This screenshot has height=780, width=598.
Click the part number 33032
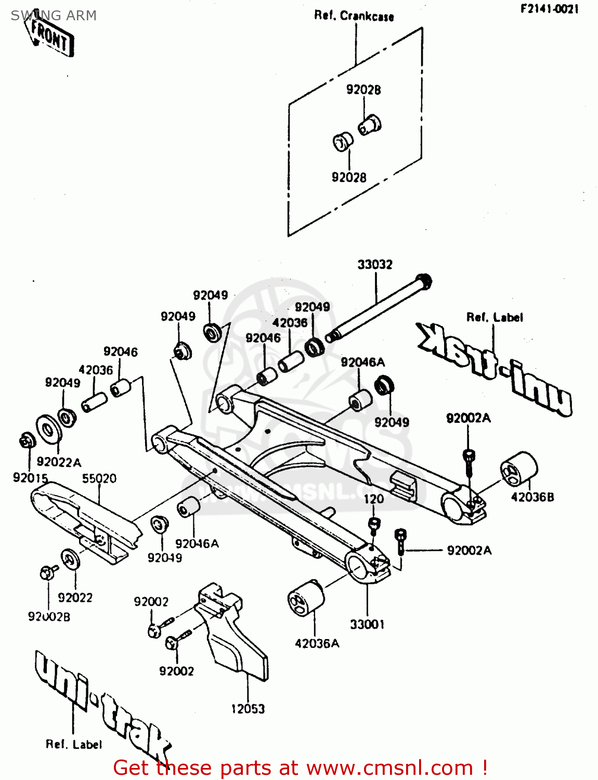tap(374, 265)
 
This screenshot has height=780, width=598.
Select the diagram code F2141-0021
tap(549, 9)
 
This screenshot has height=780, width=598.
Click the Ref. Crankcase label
tap(354, 16)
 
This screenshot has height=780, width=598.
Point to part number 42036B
tap(532, 497)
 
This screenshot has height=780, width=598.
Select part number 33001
tap(367, 624)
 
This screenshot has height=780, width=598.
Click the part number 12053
tap(248, 709)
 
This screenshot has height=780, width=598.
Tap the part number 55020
tap(99, 478)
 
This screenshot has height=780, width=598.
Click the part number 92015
tap(30, 477)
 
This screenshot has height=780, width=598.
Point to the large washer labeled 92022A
tap(47, 428)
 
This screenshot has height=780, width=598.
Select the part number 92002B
tap(49, 617)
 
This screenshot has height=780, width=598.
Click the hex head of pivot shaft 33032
tap(424, 281)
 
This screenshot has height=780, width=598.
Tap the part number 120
tap(373, 499)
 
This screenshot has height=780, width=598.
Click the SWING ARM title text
tap(54, 16)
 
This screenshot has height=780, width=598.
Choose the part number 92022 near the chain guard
tap(75, 597)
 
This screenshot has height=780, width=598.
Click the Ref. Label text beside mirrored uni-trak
tap(495, 317)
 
